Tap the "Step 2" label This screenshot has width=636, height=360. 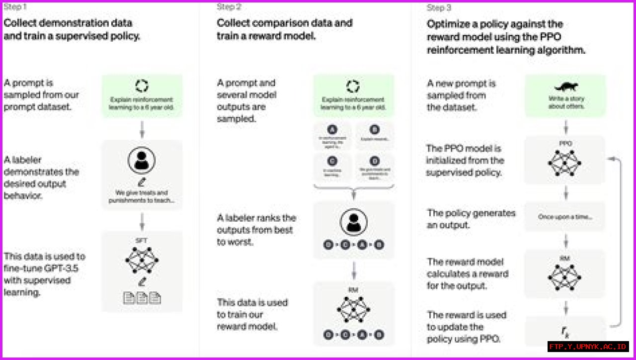tap(229, 7)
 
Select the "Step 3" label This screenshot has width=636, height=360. tap(439, 8)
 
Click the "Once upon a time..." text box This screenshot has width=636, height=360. tap(565, 217)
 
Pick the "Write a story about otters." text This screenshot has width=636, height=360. tap(565, 102)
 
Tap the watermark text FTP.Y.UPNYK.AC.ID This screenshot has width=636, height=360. tap(588, 347)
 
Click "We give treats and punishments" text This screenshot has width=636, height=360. tap(142, 196)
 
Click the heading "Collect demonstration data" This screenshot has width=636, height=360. tap(68, 23)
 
